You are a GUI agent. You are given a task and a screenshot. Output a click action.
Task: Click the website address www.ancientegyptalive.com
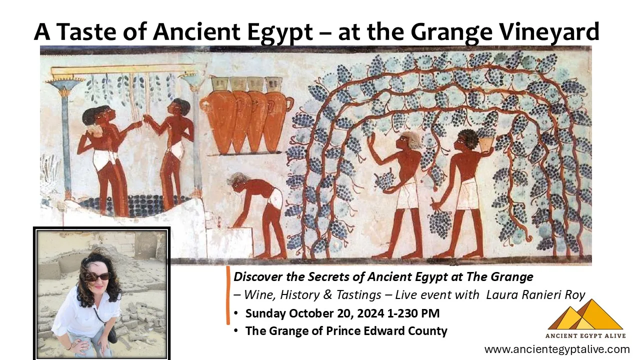(557, 349)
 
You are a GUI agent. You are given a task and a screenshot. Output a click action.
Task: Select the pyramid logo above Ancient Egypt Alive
(585, 314)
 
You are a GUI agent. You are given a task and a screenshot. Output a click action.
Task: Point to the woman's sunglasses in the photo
(97, 276)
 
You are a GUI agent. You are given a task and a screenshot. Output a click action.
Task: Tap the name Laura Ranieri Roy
(535, 295)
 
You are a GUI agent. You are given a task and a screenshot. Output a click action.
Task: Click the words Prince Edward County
(386, 331)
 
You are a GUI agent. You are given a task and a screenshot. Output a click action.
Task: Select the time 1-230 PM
(413, 313)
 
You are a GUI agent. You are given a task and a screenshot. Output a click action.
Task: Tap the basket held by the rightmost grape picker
(486, 144)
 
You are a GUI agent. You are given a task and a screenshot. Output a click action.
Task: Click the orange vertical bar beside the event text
(228, 295)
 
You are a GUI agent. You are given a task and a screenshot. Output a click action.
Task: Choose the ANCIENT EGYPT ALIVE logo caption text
(585, 336)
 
